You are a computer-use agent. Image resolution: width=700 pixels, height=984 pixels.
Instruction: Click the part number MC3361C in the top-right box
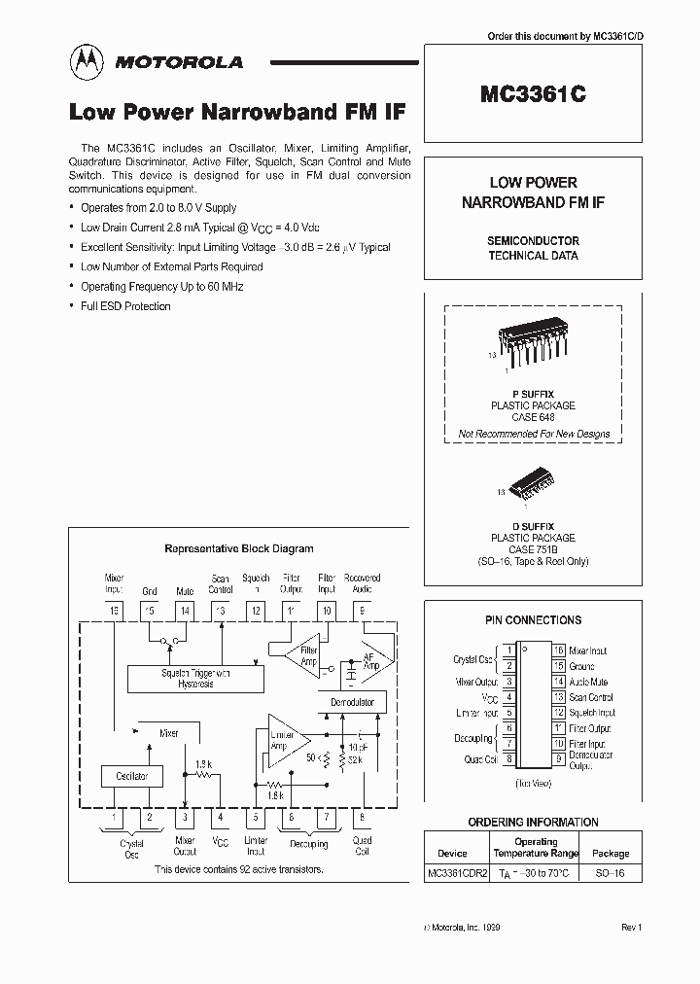click(532, 95)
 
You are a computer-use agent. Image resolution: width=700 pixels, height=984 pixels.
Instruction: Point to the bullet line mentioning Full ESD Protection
click(125, 306)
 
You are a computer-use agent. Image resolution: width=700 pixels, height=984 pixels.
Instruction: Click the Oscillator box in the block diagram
click(132, 776)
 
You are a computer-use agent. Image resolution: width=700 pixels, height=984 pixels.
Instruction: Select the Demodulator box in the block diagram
click(352, 702)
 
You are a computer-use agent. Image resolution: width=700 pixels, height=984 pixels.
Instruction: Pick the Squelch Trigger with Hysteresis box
click(195, 679)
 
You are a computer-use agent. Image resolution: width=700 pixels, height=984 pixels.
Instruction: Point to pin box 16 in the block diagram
click(115, 611)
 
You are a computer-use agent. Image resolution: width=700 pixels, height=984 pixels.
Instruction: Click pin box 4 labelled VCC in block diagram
click(221, 819)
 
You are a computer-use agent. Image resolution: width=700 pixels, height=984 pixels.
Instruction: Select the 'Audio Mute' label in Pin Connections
click(588, 682)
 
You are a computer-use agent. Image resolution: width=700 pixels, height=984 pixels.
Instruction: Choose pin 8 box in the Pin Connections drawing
click(508, 759)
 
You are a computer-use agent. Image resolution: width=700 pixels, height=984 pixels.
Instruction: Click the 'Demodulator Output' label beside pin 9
click(590, 759)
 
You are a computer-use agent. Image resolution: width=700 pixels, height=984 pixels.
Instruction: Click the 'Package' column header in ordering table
click(611, 853)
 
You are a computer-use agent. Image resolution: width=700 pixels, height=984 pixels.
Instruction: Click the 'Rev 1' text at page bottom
click(632, 929)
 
